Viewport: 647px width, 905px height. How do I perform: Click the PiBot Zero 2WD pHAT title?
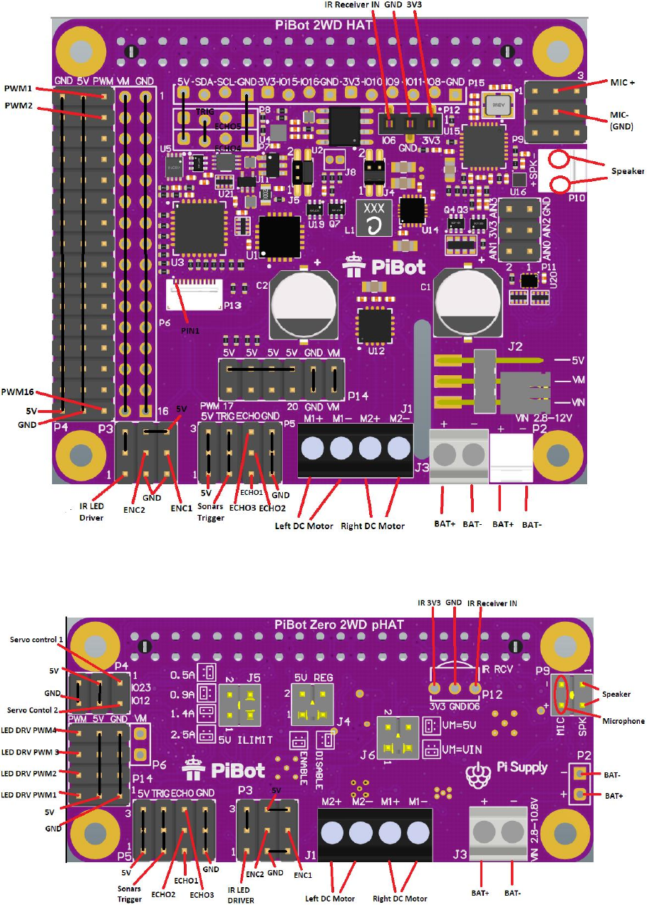(340, 625)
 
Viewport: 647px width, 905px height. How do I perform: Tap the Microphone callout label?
(621, 721)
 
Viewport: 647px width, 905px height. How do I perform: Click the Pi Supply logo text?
(522, 767)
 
